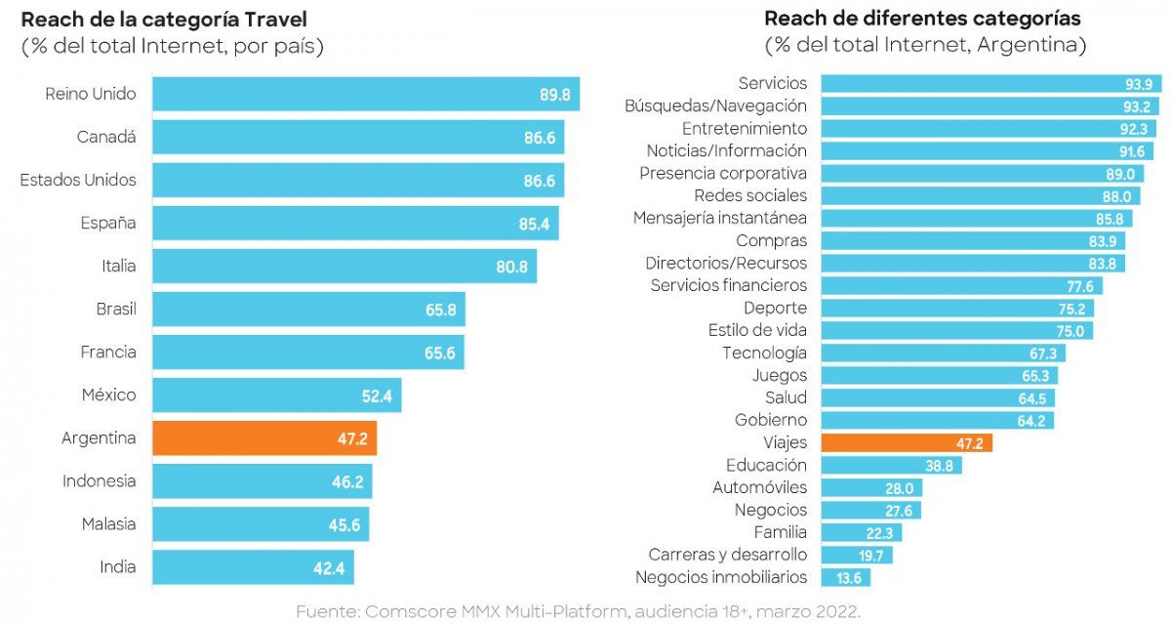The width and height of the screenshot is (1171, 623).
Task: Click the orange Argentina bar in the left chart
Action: (263, 438)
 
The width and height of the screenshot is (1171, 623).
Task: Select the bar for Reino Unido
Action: (366, 95)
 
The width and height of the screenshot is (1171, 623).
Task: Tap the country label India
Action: (118, 567)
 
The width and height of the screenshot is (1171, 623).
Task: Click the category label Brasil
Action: (116, 310)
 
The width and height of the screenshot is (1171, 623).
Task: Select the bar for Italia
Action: (343, 267)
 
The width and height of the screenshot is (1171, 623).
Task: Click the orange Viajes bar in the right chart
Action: (907, 443)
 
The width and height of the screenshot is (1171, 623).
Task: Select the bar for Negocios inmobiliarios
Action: (845, 578)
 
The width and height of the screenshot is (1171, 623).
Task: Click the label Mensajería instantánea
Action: (720, 218)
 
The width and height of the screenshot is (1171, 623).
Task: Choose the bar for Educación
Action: (891, 466)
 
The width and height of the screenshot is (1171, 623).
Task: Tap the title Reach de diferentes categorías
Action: (922, 19)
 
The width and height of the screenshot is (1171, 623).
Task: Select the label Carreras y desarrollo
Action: (728, 556)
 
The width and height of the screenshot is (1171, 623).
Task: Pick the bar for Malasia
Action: (260, 524)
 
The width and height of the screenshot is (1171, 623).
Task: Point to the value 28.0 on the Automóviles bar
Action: (898, 488)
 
